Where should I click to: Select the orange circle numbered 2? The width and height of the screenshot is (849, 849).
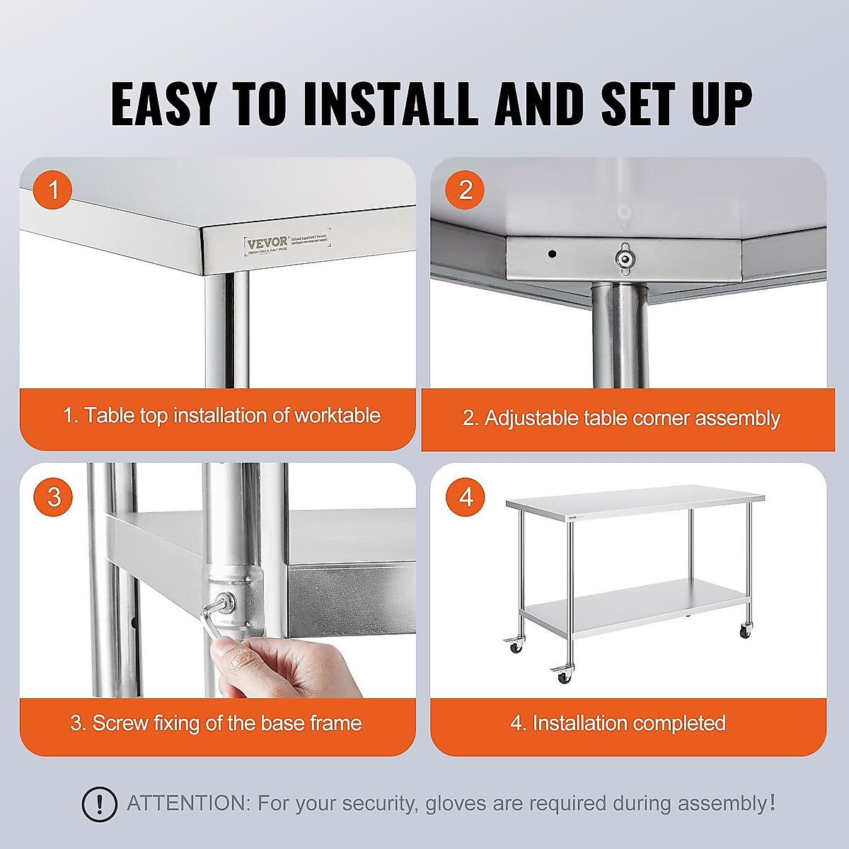[465, 190]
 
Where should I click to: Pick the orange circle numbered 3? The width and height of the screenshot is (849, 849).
[54, 497]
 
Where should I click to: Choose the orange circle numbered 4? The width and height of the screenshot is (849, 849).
[465, 497]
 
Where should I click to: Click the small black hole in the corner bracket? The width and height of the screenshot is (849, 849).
[552, 254]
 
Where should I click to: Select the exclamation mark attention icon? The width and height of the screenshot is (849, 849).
[100, 804]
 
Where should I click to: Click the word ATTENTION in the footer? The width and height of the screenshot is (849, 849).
[188, 804]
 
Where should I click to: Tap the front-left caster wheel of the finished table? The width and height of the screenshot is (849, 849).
[564, 675]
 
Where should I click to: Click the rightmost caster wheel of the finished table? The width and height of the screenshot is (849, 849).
[744, 631]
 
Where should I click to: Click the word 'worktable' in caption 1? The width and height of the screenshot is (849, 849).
[337, 415]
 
